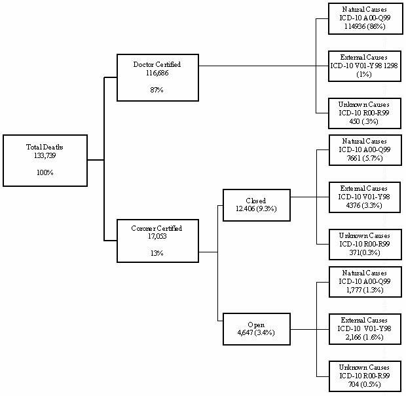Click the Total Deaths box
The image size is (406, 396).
tap(45, 160)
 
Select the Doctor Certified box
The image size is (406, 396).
tap(157, 77)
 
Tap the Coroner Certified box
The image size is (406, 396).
tap(157, 241)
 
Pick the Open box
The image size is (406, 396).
tap(256, 328)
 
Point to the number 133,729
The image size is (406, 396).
tap(45, 156)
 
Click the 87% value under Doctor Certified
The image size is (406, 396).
tap(157, 89)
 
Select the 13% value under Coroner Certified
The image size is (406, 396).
tap(157, 253)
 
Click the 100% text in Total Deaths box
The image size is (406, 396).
tap(45, 172)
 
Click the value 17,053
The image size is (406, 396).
tap(157, 237)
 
